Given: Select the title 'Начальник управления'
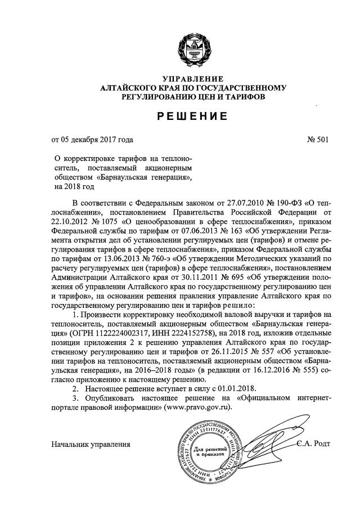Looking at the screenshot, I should (x=91, y=444).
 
